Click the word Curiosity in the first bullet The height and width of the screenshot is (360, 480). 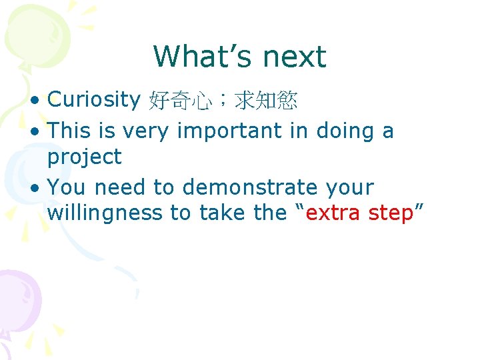point(94,99)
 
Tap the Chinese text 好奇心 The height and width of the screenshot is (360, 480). point(181,101)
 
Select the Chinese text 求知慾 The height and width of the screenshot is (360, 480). point(266,101)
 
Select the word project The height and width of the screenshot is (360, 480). point(85,158)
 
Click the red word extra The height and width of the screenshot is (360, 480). point(335,213)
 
